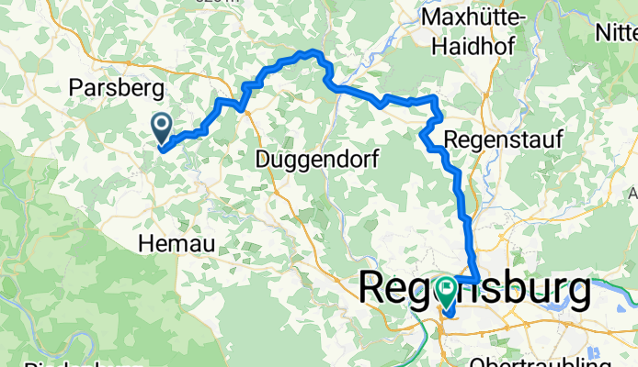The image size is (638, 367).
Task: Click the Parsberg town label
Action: [x=117, y=89]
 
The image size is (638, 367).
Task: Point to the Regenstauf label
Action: [x=491, y=140]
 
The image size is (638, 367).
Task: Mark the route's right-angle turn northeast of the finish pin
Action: [x=479, y=279]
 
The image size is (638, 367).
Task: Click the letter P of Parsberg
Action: [x=77, y=89]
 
